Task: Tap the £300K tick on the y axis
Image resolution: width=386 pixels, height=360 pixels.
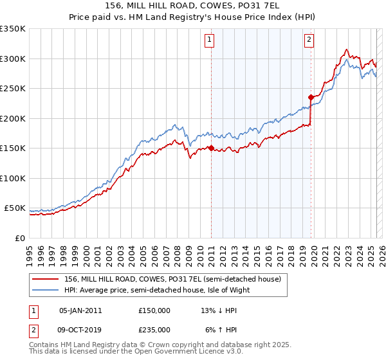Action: point(14,59)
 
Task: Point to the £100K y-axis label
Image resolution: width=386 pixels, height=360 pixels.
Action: point(14,178)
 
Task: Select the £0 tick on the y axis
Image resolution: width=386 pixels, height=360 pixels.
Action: point(20,238)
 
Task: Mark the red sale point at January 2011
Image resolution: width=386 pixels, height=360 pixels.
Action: point(211,148)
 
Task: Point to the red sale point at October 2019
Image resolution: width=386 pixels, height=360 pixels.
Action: point(310,98)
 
